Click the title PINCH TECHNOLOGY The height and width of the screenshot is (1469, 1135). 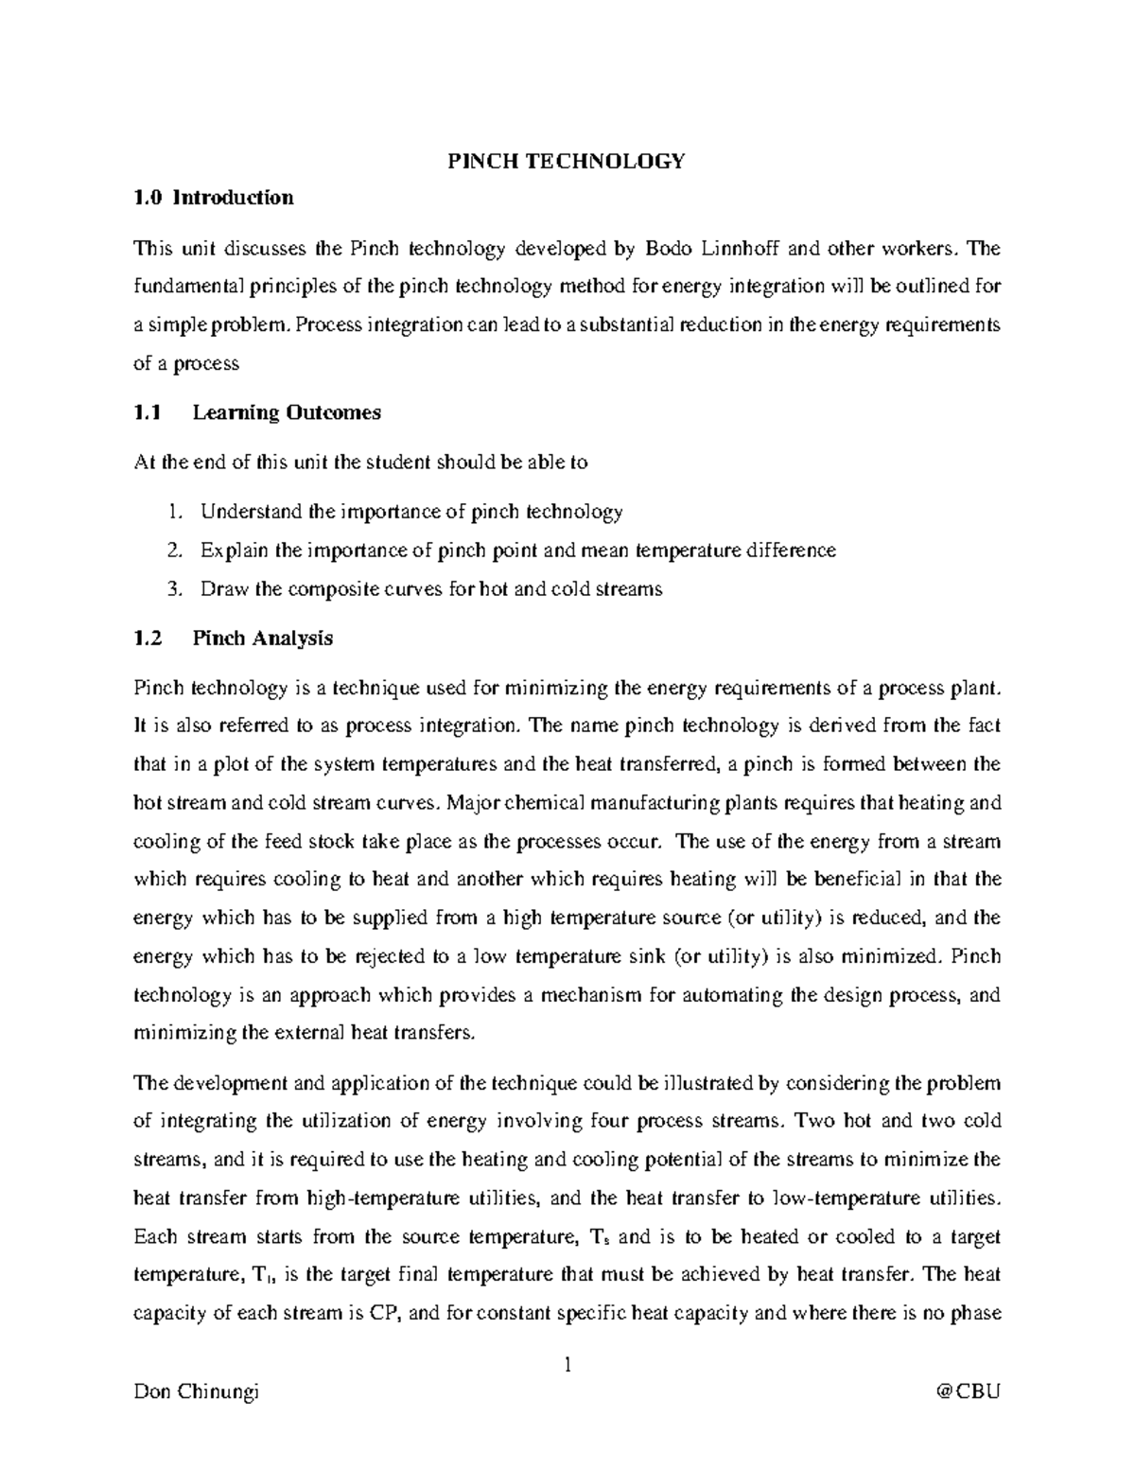(566, 161)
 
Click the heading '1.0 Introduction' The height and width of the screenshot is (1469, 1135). (214, 198)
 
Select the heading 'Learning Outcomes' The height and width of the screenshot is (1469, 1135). (287, 412)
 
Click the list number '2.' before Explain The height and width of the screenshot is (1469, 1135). (173, 551)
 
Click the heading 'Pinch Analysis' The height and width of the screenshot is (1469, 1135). (262, 638)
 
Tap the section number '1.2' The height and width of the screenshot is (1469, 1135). (148, 638)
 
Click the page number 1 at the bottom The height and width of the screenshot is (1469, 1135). (567, 1365)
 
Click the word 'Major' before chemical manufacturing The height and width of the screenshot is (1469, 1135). (473, 803)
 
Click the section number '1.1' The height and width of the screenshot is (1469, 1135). (148, 412)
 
